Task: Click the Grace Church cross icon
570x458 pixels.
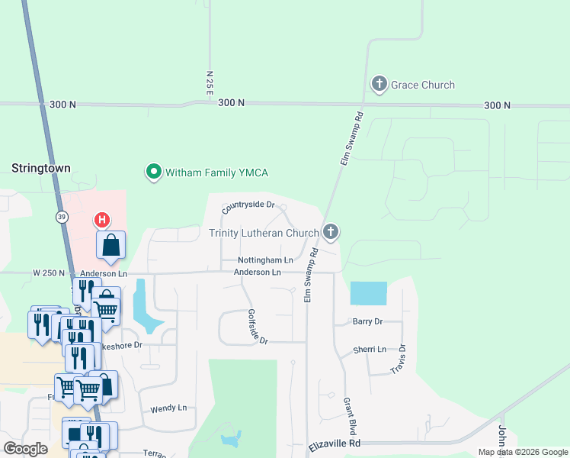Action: pyautogui.click(x=379, y=85)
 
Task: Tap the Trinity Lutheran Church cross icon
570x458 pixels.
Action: pyautogui.click(x=330, y=231)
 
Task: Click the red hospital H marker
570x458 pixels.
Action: pyautogui.click(x=101, y=221)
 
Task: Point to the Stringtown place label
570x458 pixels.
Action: pyautogui.click(x=41, y=166)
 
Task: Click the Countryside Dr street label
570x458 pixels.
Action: pyautogui.click(x=248, y=206)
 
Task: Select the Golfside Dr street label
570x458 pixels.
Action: pyautogui.click(x=258, y=327)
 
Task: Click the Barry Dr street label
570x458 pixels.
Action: pyautogui.click(x=367, y=322)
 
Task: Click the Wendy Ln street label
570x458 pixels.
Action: pyautogui.click(x=168, y=408)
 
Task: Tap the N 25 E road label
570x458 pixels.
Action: pyautogui.click(x=210, y=83)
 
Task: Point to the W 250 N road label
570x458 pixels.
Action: pyautogui.click(x=49, y=273)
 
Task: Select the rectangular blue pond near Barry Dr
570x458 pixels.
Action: pyautogui.click(x=368, y=293)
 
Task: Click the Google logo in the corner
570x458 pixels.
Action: pyautogui.click(x=25, y=449)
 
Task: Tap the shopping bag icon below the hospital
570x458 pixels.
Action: pyautogui.click(x=111, y=245)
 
